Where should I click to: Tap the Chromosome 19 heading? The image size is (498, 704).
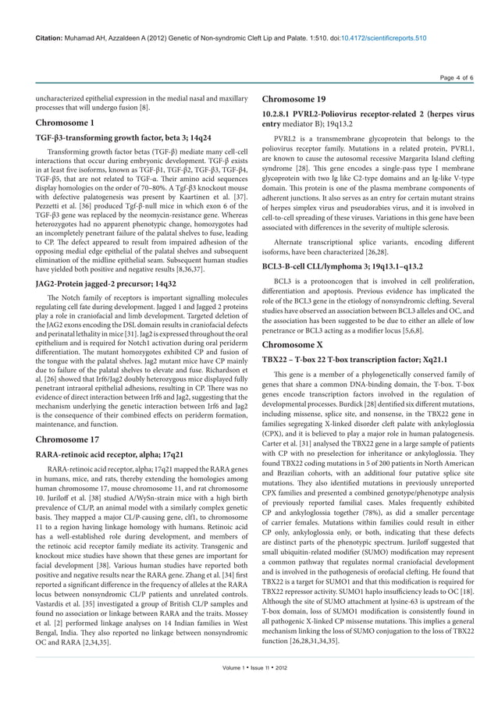[294, 99]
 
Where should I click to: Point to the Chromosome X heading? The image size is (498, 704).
[293, 344]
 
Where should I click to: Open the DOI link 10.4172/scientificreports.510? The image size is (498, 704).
[377, 37]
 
